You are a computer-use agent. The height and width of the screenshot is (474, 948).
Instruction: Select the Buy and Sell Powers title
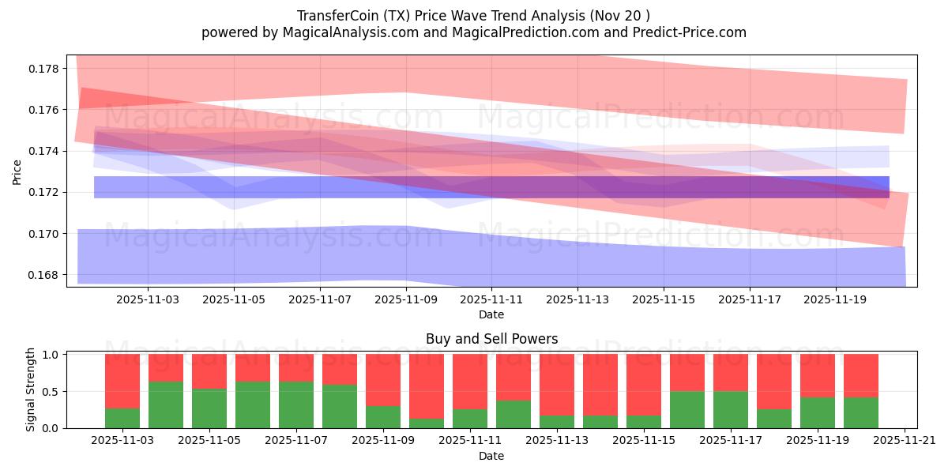pyautogui.click(x=491, y=339)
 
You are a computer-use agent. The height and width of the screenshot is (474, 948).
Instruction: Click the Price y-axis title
pyautogui.click(x=17, y=171)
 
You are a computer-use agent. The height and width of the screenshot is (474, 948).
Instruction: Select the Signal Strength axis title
pyautogui.click(x=31, y=389)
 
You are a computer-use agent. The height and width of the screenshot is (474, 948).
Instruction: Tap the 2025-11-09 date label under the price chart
pyautogui.click(x=405, y=300)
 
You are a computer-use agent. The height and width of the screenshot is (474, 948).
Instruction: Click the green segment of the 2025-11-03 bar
pyautogui.click(x=122, y=418)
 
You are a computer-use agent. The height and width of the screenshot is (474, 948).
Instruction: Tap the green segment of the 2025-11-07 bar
pyautogui.click(x=296, y=404)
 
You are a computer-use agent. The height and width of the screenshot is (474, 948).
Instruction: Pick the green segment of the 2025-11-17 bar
pyautogui.click(x=731, y=409)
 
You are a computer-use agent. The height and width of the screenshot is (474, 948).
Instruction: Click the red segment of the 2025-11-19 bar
pyautogui.click(x=818, y=375)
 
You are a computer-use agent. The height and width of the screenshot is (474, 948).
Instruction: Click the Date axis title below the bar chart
pyautogui.click(x=491, y=456)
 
